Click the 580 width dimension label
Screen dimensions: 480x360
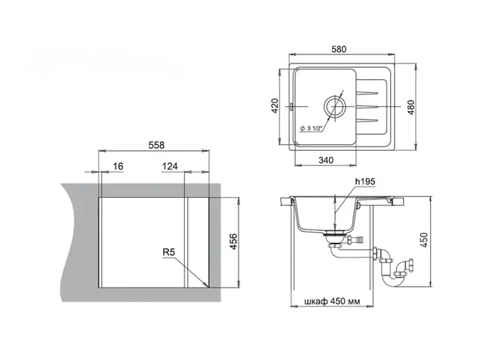click(x=339, y=49)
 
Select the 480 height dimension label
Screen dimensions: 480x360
click(x=411, y=107)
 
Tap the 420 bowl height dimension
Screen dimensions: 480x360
click(x=275, y=106)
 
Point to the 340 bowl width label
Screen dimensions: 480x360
click(x=326, y=160)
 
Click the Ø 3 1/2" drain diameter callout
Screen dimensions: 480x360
click(x=312, y=128)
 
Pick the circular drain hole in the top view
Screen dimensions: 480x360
click(x=335, y=106)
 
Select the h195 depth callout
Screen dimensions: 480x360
click(x=365, y=182)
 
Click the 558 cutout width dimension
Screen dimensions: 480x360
click(x=156, y=145)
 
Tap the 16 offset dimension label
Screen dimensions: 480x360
click(x=118, y=166)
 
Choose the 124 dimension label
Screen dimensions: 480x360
click(x=170, y=166)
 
